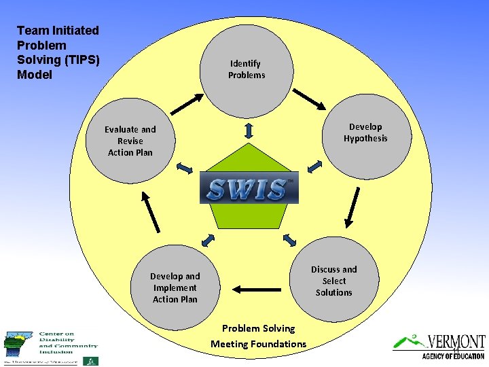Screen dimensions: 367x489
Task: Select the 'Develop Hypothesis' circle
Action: pyautogui.click(x=365, y=133)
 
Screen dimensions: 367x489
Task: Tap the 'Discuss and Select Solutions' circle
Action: pyautogui.click(x=333, y=281)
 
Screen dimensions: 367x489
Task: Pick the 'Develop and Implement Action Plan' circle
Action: pyautogui.click(x=175, y=287)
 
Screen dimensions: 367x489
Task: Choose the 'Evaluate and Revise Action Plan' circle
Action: pyautogui.click(x=130, y=141)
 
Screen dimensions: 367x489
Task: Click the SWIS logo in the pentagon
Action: pyautogui.click(x=249, y=189)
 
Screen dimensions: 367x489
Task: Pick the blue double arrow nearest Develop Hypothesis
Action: pyautogui.click(x=314, y=167)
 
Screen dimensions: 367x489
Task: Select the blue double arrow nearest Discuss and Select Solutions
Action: pyautogui.click(x=289, y=239)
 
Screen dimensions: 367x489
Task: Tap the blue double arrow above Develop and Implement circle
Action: pyautogui.click(x=209, y=239)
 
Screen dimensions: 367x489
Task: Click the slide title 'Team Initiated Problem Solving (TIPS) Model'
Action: pyautogui.click(x=58, y=52)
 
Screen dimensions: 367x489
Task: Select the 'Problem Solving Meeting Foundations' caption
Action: pyautogui.click(x=258, y=336)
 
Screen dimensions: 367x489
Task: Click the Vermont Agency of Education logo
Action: pyautogui.click(x=439, y=347)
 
